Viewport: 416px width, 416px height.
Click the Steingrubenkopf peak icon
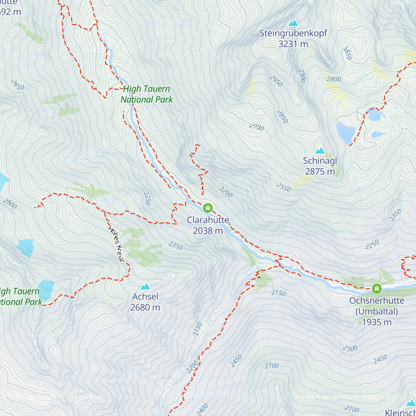click(293, 23)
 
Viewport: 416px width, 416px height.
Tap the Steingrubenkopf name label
click(293, 34)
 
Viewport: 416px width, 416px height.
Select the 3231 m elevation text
click(293, 44)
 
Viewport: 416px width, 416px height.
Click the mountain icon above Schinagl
click(320, 151)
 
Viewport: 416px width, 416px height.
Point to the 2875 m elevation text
click(320, 171)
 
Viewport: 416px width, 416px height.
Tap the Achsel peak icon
click(145, 286)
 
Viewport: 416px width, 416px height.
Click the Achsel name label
click(145, 297)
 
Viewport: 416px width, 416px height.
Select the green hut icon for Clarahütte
click(208, 208)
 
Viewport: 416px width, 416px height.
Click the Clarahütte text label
click(208, 220)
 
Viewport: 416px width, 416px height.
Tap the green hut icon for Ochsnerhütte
click(376, 288)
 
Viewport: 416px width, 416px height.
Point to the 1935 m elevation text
click(377, 322)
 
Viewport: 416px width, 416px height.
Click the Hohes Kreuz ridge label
click(116, 244)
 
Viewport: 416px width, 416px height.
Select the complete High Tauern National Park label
click(147, 94)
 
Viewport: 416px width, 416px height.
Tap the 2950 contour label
click(276, 81)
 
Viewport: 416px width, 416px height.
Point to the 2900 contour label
click(302, 76)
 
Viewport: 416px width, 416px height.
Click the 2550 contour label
click(284, 187)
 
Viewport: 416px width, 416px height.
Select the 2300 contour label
click(350, 348)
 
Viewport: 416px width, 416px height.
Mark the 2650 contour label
click(18, 85)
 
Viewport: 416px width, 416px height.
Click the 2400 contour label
click(202, 409)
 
